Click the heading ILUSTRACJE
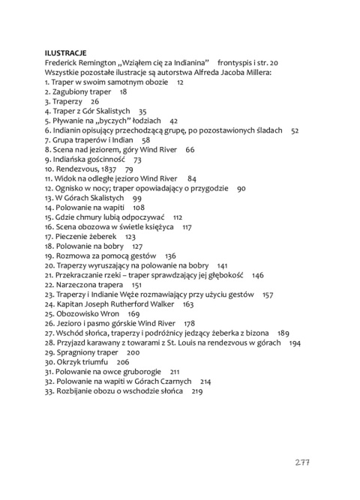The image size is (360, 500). [66, 53]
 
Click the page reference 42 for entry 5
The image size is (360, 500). [174, 121]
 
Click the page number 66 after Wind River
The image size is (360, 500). [190, 150]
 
